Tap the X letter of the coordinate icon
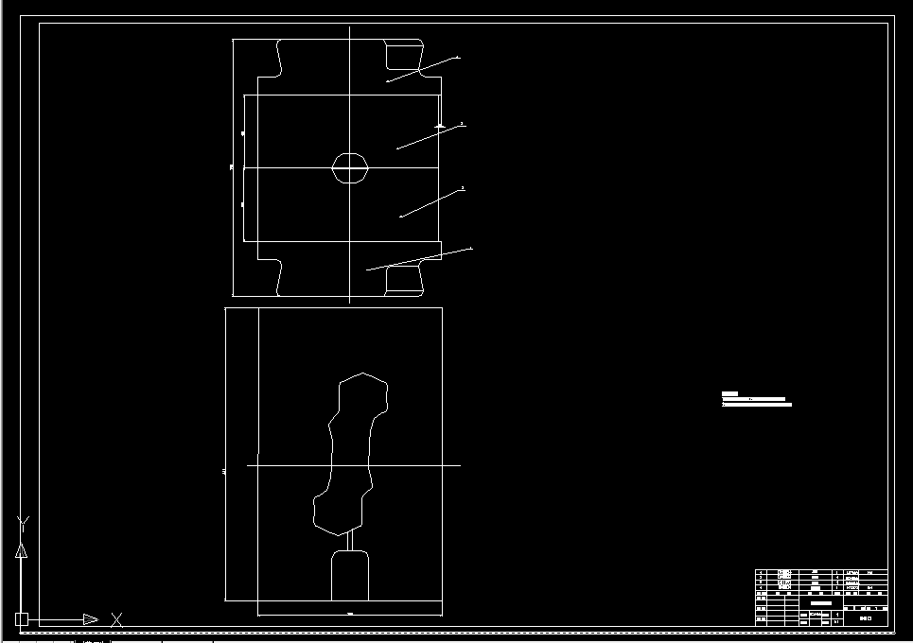click(116, 619)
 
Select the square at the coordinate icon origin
click(22, 619)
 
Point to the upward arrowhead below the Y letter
click(22, 550)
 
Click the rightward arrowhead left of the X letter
click(90, 619)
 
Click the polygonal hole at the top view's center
click(349, 167)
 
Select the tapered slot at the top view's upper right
click(403, 56)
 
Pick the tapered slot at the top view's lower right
click(403, 279)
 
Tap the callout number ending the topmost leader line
click(459, 58)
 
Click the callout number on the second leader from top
click(462, 124)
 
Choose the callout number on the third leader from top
click(463, 188)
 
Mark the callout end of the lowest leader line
click(470, 249)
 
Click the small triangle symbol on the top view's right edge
click(440, 125)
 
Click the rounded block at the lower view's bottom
click(349, 576)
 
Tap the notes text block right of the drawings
click(756, 399)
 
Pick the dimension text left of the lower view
click(223, 469)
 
